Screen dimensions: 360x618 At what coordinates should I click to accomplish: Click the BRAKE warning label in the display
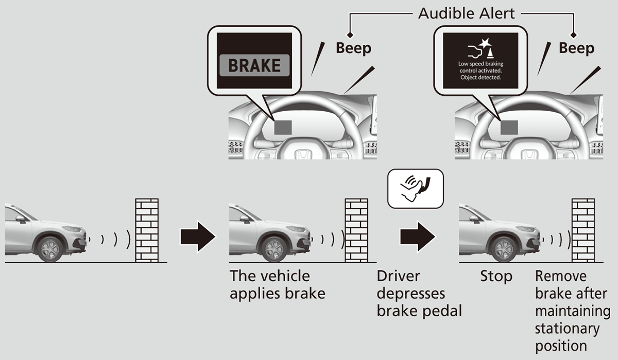[x=254, y=65]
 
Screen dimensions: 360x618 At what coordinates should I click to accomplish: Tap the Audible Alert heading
[x=466, y=13]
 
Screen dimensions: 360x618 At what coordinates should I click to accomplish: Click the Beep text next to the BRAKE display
[x=353, y=48]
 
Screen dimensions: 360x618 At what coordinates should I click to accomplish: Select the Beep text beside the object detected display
[x=576, y=48]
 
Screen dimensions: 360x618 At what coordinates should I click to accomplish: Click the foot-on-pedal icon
[x=415, y=188]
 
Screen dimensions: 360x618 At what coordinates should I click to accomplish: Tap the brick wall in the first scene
[x=146, y=230]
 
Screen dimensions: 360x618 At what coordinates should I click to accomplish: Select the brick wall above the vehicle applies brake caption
[x=356, y=230]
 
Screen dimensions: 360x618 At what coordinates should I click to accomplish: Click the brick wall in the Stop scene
[x=583, y=230]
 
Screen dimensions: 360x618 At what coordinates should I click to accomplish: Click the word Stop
[x=496, y=277]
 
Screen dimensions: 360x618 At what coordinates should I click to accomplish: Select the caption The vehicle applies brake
[x=277, y=285]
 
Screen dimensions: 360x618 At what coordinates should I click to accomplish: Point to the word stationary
[x=567, y=329]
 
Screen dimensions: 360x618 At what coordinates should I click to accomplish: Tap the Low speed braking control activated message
[x=479, y=71]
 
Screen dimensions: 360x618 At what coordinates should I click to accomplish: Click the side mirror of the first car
[x=21, y=219]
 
